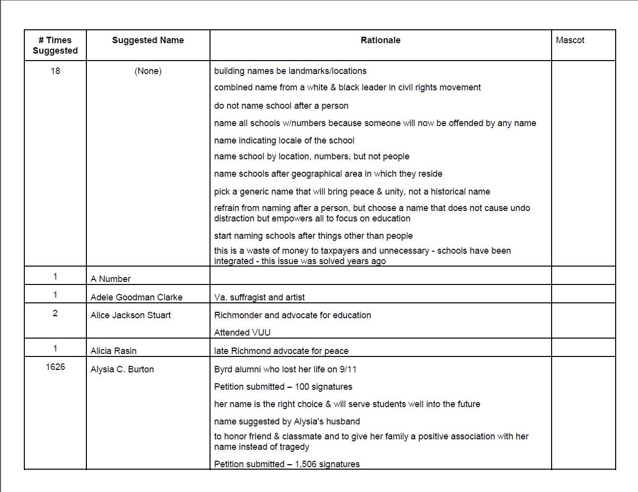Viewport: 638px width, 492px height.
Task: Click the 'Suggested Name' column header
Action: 147,40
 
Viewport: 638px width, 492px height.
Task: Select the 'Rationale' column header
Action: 380,40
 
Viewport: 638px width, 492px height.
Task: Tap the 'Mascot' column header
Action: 570,40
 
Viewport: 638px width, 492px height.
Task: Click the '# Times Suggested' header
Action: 55,45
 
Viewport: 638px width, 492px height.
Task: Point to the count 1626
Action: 55,367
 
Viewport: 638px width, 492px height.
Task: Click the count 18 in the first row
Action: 55,71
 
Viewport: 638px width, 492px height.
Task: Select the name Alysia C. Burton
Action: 122,369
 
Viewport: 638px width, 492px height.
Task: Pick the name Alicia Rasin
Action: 113,351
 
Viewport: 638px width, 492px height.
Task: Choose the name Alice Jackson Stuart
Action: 131,315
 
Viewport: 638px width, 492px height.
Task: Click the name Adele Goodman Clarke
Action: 137,297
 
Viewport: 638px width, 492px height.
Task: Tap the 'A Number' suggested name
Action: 110,279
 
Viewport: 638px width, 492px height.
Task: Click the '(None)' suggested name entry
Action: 148,71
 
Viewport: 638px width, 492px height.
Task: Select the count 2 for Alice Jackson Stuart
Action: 55,313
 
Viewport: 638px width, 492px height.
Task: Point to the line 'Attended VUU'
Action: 242,333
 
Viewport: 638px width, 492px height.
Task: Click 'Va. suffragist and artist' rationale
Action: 259,297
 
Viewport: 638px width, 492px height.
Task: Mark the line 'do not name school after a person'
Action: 281,106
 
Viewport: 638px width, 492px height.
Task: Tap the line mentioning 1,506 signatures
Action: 287,464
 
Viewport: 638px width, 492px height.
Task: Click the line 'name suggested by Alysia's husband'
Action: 287,422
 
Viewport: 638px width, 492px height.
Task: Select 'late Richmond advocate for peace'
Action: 281,351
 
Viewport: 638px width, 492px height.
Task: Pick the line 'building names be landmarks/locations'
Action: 290,71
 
